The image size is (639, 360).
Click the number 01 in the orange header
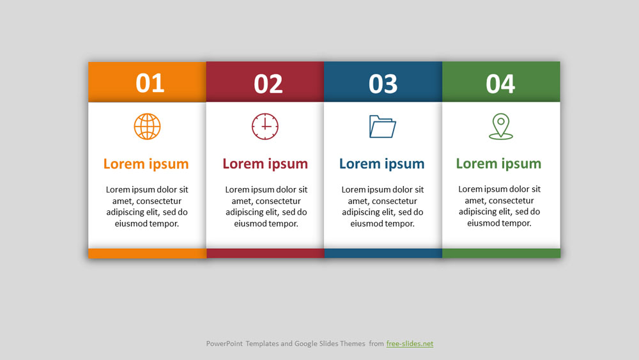[150, 83]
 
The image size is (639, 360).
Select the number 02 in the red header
[268, 84]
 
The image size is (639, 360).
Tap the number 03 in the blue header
[383, 84]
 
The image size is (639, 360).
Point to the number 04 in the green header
[500, 84]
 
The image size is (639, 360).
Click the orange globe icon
[147, 127]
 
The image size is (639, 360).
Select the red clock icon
[265, 127]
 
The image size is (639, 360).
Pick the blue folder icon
[382, 127]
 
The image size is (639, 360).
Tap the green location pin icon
[501, 127]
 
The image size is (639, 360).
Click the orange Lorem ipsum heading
[146, 164]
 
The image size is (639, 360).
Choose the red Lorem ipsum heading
[265, 164]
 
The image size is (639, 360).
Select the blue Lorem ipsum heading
[382, 164]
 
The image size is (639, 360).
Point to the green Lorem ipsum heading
[499, 164]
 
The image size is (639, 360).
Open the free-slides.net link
[410, 343]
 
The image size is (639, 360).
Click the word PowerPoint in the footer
[224, 343]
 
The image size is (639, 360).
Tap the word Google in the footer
[305, 343]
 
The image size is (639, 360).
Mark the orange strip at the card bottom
[147, 253]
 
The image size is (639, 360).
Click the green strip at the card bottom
[501, 253]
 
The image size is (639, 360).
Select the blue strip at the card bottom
[383, 253]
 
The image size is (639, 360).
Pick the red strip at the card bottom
[265, 253]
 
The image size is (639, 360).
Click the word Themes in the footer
[353, 343]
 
